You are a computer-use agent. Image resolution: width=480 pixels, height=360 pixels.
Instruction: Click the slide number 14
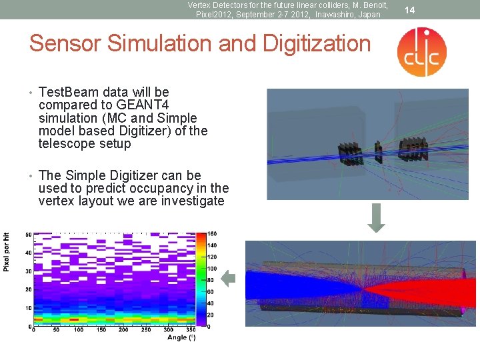click(410, 9)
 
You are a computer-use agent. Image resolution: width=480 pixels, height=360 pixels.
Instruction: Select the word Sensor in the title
click(65, 44)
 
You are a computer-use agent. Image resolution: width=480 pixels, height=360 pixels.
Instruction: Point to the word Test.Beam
click(71, 92)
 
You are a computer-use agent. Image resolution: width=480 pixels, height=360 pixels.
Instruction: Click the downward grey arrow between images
click(377, 221)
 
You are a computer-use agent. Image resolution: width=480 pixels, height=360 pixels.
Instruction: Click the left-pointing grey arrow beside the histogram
click(229, 280)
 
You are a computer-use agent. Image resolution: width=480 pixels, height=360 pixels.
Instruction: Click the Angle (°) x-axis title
click(181, 337)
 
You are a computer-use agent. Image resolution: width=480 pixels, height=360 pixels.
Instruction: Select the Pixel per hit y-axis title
click(7, 251)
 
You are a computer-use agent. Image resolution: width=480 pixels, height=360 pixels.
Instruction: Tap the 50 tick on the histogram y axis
click(28, 235)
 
